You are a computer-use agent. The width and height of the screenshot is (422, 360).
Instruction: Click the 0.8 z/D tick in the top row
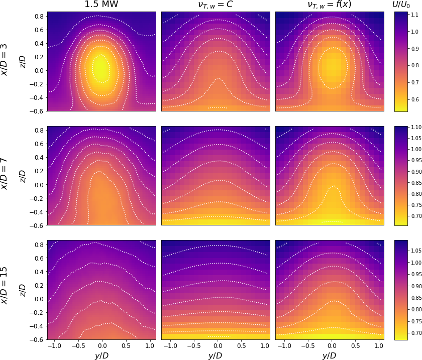coord(38,16)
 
